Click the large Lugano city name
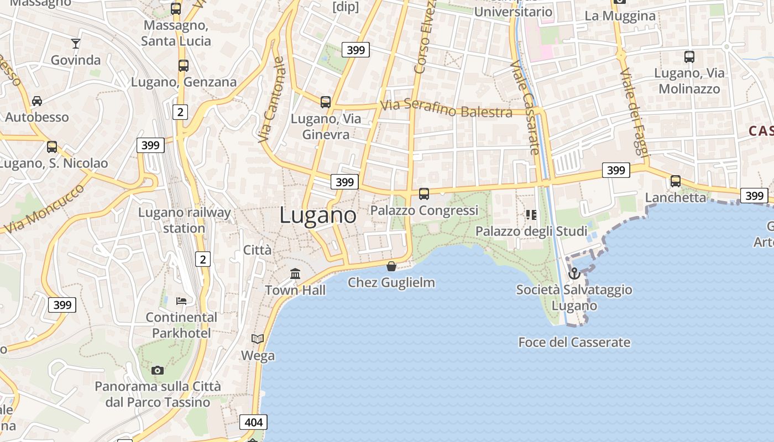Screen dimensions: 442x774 pyautogui.click(x=318, y=215)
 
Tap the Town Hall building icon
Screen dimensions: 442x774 pyautogui.click(x=295, y=273)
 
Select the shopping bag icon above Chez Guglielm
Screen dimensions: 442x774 pyautogui.click(x=391, y=266)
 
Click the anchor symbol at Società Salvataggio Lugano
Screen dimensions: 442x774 pyautogui.click(x=574, y=273)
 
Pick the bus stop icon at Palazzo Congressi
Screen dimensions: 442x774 pyautogui.click(x=424, y=194)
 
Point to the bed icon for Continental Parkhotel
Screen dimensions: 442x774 pyautogui.click(x=181, y=301)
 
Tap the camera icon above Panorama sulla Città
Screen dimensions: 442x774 pyautogui.click(x=158, y=370)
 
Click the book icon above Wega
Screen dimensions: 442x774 pyautogui.click(x=258, y=339)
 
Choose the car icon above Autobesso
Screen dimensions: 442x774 pyautogui.click(x=37, y=101)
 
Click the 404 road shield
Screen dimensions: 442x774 pyautogui.click(x=254, y=423)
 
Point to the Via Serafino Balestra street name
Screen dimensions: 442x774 pyautogui.click(x=446, y=108)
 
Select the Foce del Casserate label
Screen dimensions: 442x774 pyautogui.click(x=574, y=343)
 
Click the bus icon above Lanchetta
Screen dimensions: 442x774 pyautogui.click(x=676, y=181)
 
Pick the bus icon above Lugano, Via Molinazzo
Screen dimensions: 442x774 pyautogui.click(x=689, y=56)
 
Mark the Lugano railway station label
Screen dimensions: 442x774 pyautogui.click(x=184, y=220)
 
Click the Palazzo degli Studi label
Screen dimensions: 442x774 pyautogui.click(x=531, y=231)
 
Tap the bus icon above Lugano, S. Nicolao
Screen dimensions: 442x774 pyautogui.click(x=52, y=147)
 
